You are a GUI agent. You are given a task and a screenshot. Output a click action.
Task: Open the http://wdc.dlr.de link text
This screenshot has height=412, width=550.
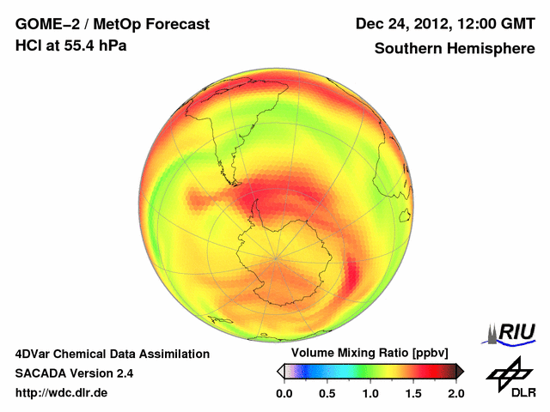point(62,393)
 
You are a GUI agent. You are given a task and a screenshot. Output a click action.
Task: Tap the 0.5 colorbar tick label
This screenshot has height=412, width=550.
point(327,393)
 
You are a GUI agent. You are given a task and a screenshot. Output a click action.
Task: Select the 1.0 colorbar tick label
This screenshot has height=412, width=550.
point(370,393)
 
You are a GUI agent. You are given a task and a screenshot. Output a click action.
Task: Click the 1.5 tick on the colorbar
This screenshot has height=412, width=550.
point(413,393)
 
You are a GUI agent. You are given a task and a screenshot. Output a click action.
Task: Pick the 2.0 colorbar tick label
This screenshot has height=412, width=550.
point(455,393)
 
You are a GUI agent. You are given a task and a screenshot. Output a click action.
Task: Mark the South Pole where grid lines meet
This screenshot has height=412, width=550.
point(276,257)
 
